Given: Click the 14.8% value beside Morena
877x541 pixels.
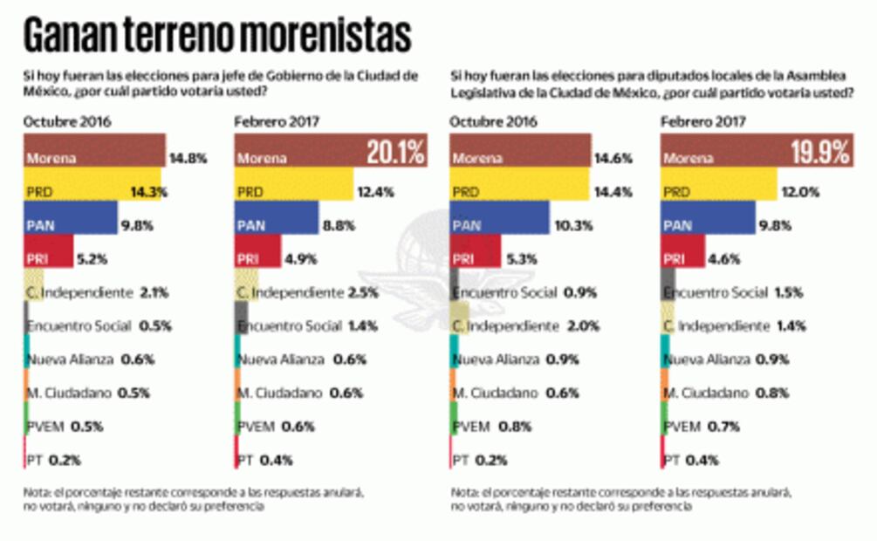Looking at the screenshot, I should tap(187, 158).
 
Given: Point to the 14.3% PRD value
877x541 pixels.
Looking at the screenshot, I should tap(149, 190).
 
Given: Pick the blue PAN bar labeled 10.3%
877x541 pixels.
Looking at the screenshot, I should tap(499, 224).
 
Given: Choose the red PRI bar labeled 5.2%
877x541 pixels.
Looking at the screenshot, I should tap(48, 257).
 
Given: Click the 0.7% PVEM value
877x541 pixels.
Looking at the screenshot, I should tap(728, 427).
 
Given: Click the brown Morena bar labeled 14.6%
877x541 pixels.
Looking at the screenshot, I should tap(520, 158).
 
